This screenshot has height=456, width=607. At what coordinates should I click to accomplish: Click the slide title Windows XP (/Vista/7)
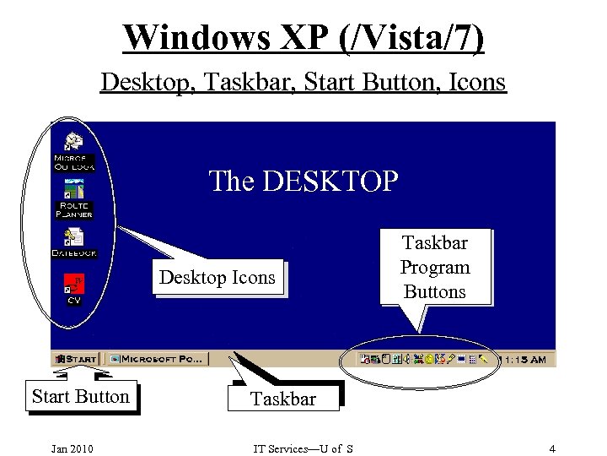[303, 37]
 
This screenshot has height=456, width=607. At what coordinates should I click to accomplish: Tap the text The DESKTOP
[303, 181]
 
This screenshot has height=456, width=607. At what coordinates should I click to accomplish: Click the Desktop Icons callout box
[218, 278]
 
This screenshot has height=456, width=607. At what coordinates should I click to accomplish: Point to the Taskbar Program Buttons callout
[435, 267]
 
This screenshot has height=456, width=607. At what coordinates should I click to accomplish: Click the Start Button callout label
[80, 397]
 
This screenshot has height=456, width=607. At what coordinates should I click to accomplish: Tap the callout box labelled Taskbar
[282, 399]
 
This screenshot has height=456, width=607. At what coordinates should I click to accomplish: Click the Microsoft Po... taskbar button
[158, 359]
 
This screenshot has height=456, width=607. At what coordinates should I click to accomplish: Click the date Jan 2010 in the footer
[72, 448]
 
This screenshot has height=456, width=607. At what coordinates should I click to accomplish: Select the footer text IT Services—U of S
[303, 448]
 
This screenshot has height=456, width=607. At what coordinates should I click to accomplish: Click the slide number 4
[552, 448]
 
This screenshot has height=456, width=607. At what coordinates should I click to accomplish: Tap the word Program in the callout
[435, 267]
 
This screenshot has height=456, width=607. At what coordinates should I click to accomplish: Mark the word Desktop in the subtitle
[135, 82]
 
